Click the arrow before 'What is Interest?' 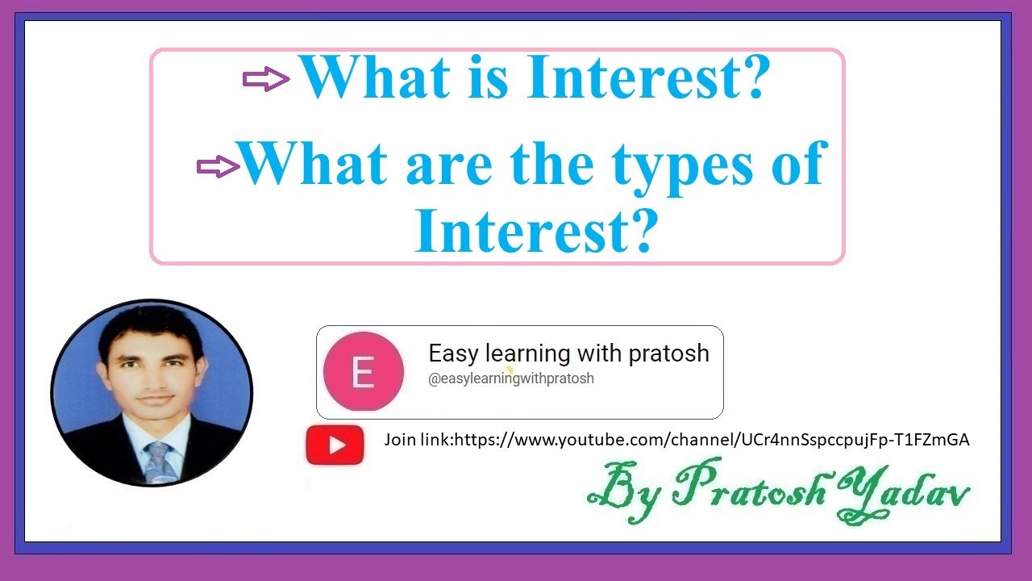tap(266, 79)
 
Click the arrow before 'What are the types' tap(219, 167)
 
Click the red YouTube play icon tap(335, 445)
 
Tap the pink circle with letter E tap(363, 372)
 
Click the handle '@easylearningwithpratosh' tap(510, 378)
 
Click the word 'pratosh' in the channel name tap(669, 353)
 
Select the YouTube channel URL tap(712, 440)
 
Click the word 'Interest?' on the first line tap(647, 77)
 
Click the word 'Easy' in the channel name tap(454, 353)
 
